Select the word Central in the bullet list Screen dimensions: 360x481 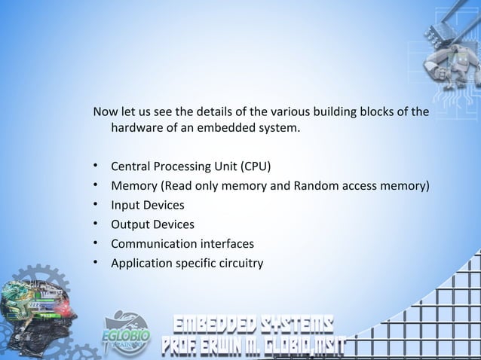[x=133, y=166]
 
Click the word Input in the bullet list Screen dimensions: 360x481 [x=126, y=205]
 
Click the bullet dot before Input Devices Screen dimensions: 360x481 [x=97, y=205]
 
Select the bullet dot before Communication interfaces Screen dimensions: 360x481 [x=97, y=244]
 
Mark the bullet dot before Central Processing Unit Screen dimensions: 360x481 [x=97, y=166]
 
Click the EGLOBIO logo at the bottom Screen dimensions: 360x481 [x=126, y=331]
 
